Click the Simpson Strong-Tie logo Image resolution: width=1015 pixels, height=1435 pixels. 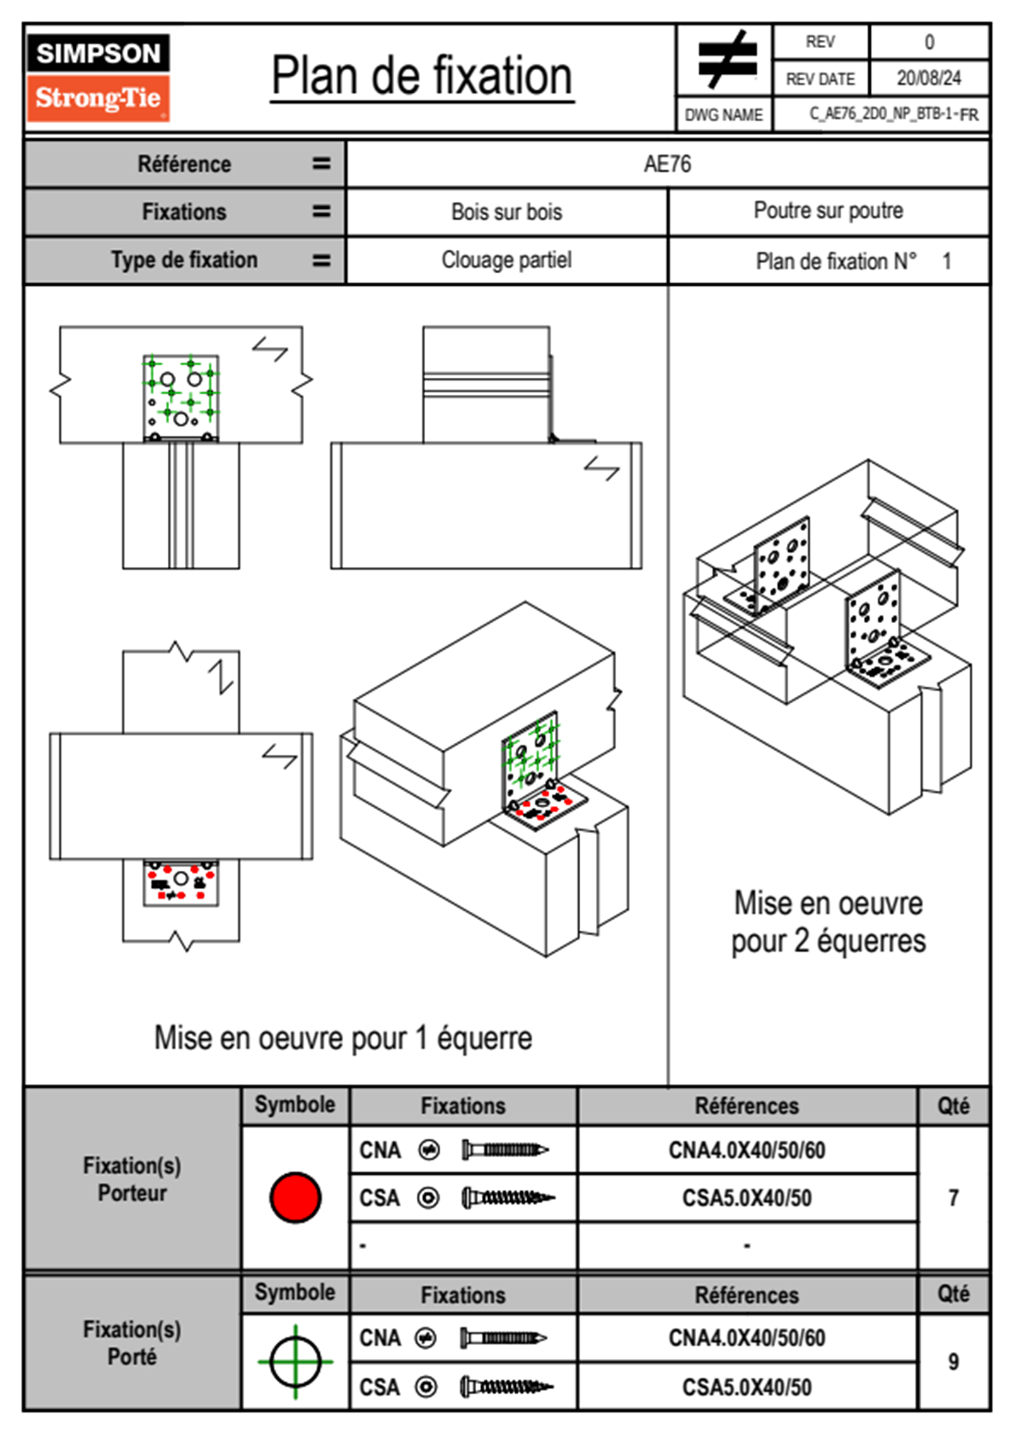tap(98, 77)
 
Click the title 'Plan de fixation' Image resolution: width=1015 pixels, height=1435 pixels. tap(421, 77)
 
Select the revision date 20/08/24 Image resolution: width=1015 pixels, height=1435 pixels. tap(928, 78)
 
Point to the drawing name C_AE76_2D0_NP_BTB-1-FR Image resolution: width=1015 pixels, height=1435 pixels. tap(893, 114)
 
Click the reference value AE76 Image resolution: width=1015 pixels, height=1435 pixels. tap(667, 164)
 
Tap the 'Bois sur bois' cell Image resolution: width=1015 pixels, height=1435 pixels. tap(507, 212)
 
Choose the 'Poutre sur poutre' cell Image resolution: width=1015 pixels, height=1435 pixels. tap(827, 211)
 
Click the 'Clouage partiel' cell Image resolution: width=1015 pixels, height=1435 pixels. tap(507, 259)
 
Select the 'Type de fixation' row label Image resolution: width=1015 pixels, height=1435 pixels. tap(184, 259)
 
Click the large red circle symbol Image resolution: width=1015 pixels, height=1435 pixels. tap(295, 1197)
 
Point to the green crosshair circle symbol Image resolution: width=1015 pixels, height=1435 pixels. tap(295, 1362)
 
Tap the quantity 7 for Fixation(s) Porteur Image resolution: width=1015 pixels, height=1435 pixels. tap(954, 1198)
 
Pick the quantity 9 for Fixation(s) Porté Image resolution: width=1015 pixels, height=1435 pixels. tap(954, 1362)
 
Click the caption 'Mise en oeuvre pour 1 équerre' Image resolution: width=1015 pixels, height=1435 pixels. tap(343, 1038)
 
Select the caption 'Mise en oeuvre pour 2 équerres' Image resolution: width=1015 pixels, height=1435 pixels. tap(827, 922)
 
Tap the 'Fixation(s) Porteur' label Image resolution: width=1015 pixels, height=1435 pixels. tap(132, 1179)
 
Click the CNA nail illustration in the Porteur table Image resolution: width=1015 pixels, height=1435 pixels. tap(505, 1150)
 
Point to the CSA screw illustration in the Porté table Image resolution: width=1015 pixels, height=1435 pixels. tap(507, 1387)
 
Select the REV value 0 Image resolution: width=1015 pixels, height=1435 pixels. tap(929, 42)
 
